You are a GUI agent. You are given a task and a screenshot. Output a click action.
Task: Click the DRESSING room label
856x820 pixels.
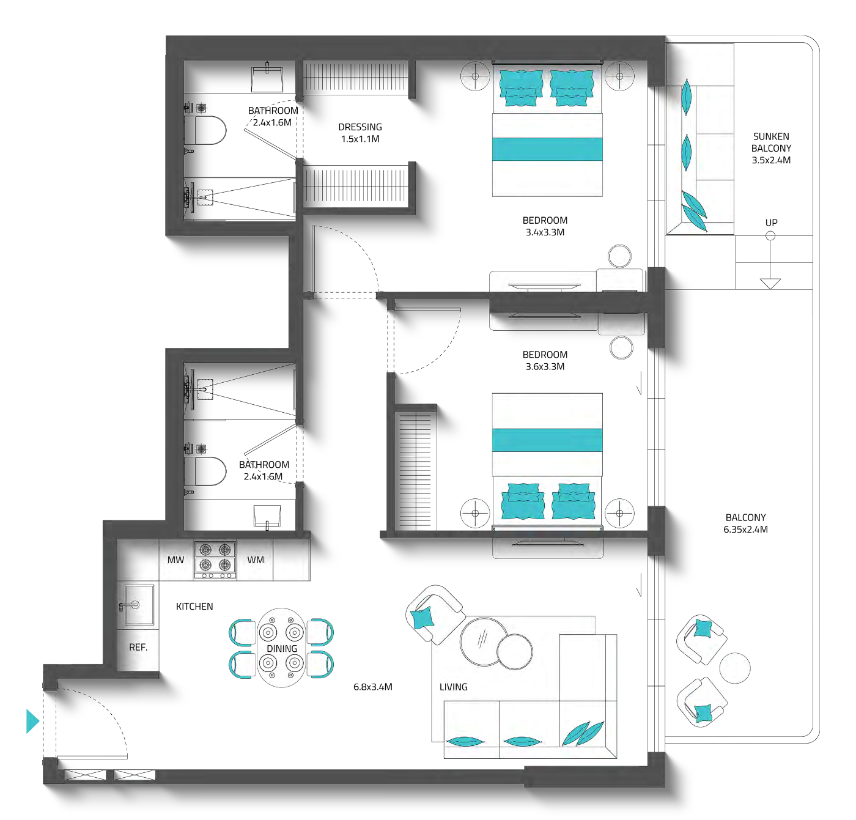360,133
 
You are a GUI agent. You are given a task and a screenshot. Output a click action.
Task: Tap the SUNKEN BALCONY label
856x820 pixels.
770,148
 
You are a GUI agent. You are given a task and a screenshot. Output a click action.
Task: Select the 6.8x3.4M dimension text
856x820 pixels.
372,687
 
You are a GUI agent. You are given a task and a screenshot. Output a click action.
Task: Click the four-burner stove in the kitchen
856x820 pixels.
215,560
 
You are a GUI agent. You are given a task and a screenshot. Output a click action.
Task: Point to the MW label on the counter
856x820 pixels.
175,560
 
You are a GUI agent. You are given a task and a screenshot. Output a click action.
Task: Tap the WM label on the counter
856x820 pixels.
256,560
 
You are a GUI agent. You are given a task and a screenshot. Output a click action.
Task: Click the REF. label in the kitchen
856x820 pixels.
138,647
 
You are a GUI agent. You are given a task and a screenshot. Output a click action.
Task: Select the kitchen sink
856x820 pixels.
138,605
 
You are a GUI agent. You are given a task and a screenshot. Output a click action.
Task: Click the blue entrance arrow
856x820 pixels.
33,721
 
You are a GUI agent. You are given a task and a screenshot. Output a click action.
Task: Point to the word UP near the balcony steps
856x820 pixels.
771,223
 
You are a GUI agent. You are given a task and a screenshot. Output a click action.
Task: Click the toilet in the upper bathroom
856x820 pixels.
205,130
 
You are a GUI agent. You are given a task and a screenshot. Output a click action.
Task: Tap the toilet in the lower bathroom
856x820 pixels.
205,471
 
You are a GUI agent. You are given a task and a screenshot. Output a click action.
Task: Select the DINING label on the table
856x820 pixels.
282,648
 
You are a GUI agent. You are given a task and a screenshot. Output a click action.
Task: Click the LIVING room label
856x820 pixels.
454,687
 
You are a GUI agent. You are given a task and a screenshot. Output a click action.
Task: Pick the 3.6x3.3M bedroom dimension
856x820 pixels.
545,366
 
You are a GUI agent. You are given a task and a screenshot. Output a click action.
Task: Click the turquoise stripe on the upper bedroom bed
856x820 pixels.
547,149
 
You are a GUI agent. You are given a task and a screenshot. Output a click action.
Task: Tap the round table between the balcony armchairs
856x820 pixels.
734,668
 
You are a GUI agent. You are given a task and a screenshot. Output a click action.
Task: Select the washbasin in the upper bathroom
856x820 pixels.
267,79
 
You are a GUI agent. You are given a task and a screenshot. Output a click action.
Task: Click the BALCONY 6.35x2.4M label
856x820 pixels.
745,523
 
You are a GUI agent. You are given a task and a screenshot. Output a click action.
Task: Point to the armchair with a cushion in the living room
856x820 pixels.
435,615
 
